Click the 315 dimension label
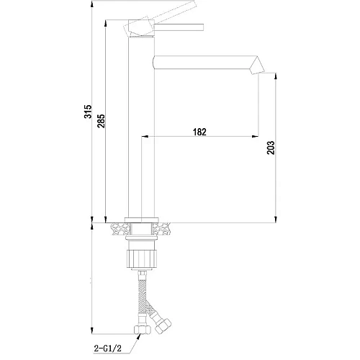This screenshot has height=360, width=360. point(88,112)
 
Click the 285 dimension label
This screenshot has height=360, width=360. point(101,121)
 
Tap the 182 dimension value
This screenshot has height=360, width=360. point(199,132)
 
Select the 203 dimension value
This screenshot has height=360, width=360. point(271,148)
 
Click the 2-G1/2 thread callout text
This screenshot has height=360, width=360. point(107,348)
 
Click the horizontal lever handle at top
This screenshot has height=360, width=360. point(179,27)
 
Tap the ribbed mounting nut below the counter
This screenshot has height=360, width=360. point(141,258)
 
